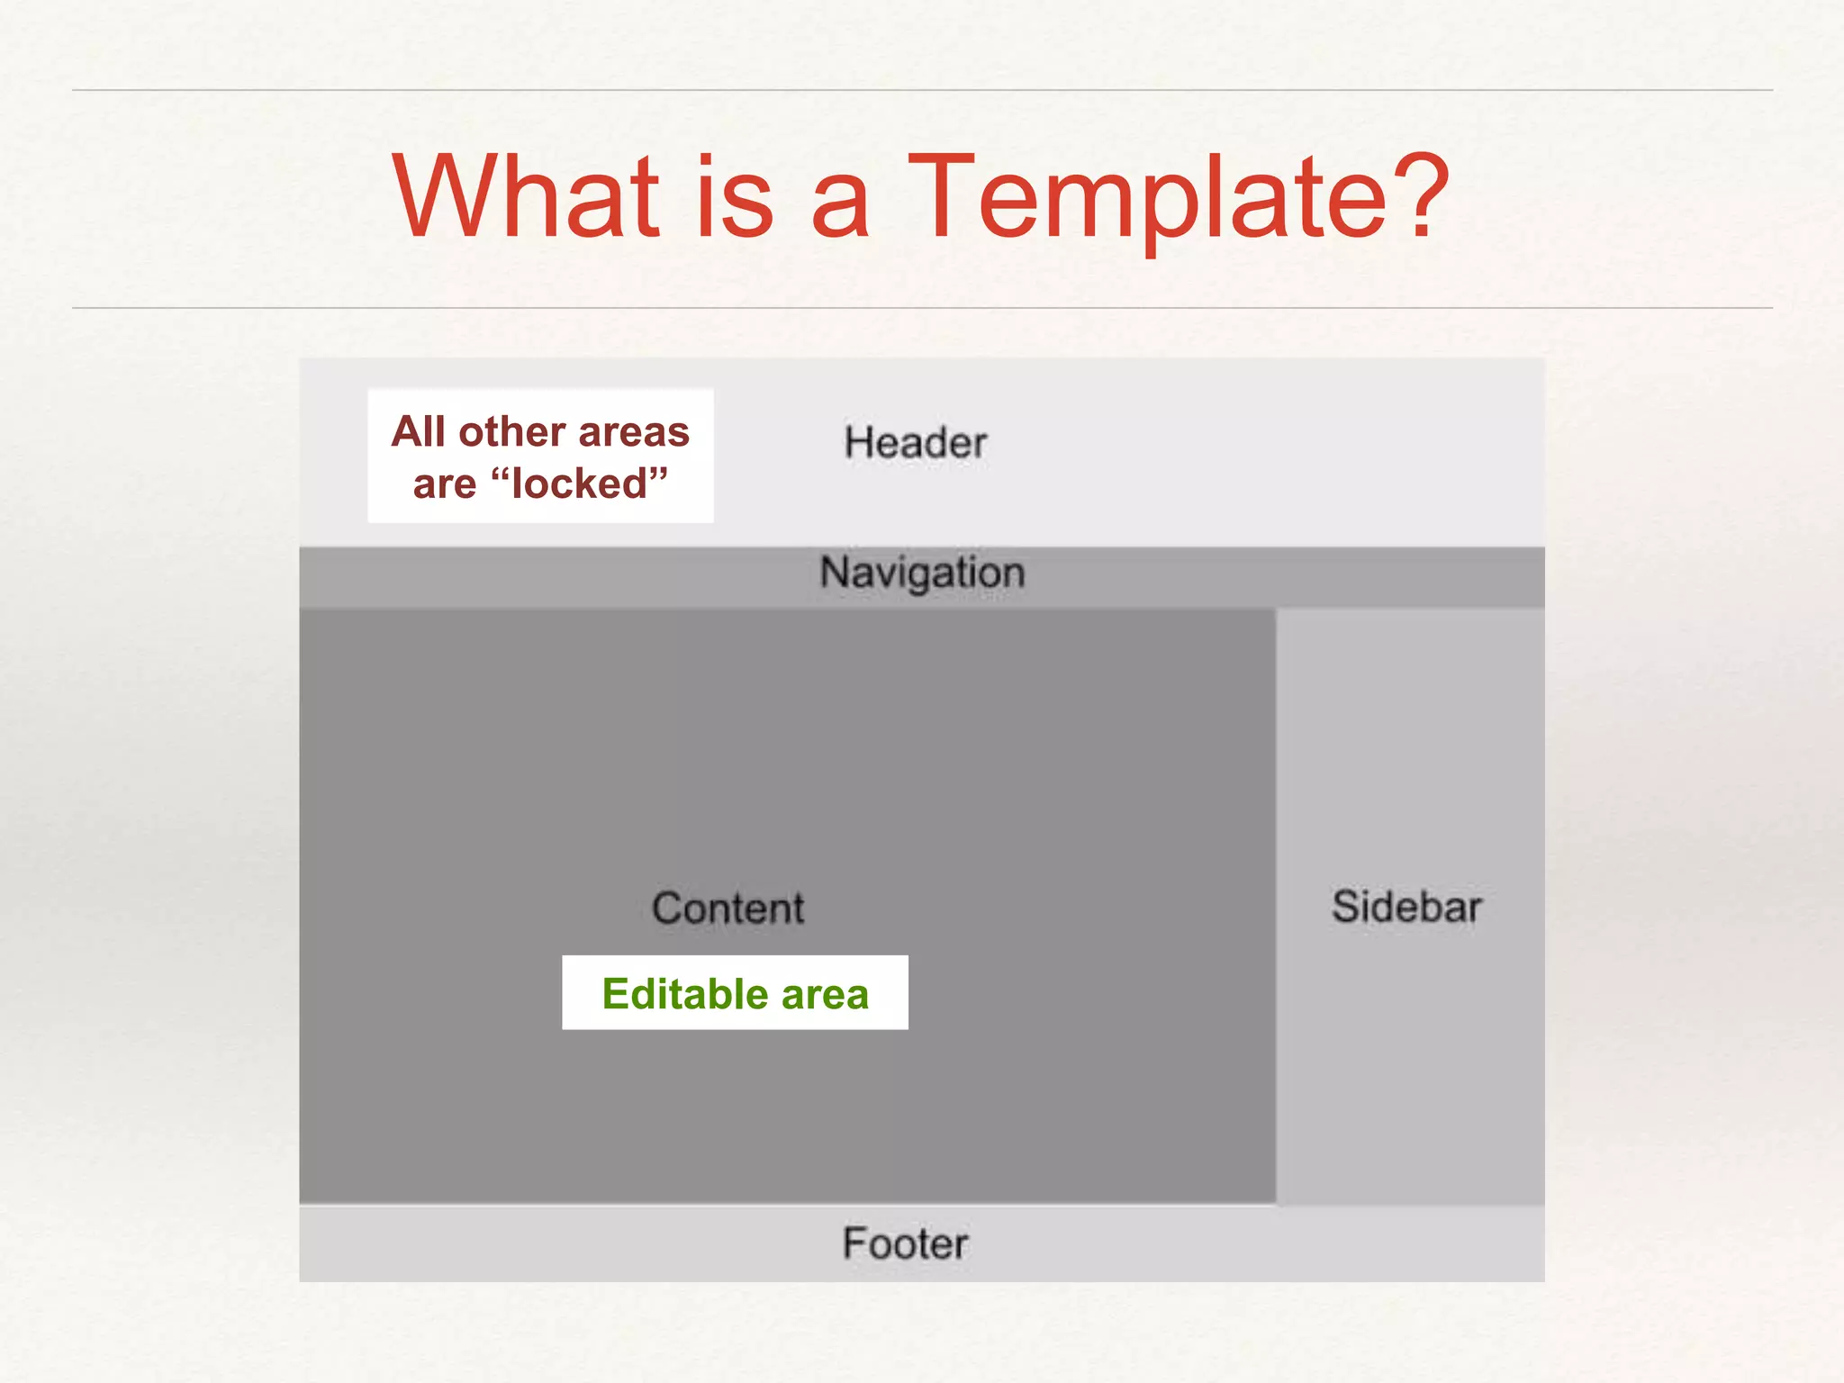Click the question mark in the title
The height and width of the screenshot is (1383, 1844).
[1417, 196]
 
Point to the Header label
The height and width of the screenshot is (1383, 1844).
[915, 443]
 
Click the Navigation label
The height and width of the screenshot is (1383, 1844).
[922, 574]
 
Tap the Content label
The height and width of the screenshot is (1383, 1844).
[728, 908]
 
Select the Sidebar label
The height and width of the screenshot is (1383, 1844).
[1406, 907]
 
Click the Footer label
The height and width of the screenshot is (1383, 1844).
[905, 1243]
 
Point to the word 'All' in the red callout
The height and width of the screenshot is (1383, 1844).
[419, 431]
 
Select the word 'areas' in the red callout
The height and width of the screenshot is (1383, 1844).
[634, 432]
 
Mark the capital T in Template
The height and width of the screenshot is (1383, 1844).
[941, 196]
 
